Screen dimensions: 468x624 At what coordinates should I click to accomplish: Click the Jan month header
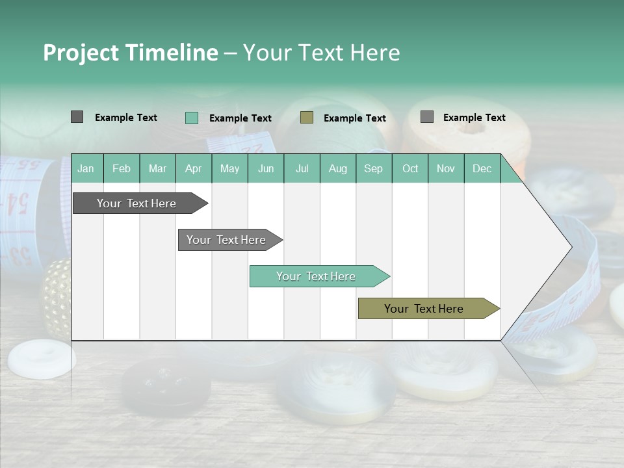click(x=86, y=168)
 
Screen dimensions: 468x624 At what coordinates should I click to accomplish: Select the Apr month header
click(x=193, y=168)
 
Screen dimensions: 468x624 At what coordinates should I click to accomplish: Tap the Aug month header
click(x=337, y=168)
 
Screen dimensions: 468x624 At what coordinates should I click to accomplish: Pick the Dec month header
click(x=482, y=168)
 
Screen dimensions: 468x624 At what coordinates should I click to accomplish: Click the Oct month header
click(x=409, y=168)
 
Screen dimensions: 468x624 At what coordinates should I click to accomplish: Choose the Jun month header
click(x=265, y=168)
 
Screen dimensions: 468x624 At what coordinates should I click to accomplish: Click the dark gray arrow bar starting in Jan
click(x=136, y=203)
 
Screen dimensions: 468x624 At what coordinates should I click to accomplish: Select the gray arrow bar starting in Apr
click(x=226, y=240)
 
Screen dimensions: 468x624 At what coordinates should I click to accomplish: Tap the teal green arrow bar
click(x=316, y=276)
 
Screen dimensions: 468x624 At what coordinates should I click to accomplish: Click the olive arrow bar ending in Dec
click(x=424, y=309)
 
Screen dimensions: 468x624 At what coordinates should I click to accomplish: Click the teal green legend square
click(x=191, y=118)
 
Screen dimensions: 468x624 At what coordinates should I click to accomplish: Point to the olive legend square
click(x=307, y=118)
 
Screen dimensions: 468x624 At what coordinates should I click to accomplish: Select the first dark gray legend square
click(x=77, y=117)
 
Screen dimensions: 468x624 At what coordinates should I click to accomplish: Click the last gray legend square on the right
click(x=426, y=117)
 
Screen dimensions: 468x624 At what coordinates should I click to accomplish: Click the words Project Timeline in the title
click(x=130, y=53)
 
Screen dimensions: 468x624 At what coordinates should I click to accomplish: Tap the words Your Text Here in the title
click(x=321, y=53)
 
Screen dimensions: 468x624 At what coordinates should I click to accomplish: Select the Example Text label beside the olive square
click(x=354, y=118)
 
